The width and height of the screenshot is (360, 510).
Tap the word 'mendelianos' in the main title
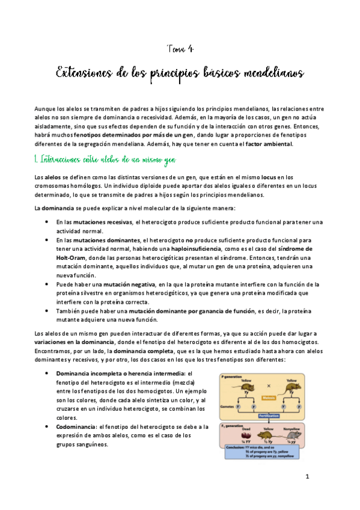(x=275, y=73)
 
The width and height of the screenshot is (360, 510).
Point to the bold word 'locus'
(x=252, y=177)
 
